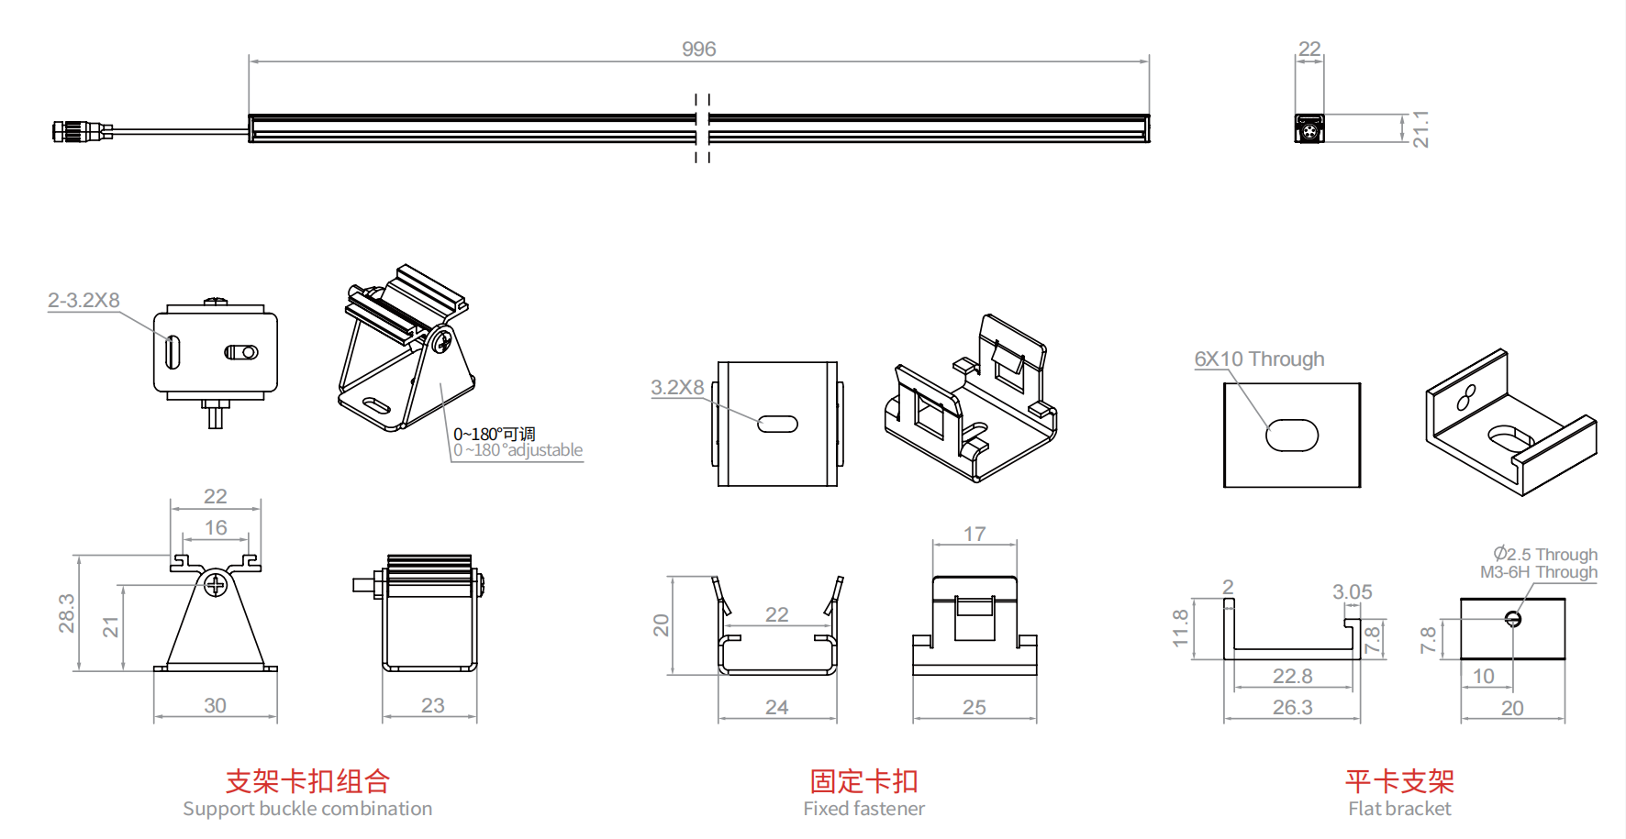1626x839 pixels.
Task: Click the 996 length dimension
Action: (x=698, y=50)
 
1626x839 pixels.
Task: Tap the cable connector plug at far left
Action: (x=70, y=131)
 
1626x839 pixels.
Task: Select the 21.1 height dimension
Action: (x=1420, y=128)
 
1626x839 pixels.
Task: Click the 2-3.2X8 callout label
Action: (x=84, y=301)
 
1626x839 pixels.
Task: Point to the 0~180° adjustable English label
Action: (x=518, y=450)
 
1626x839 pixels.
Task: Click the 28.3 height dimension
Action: (x=67, y=613)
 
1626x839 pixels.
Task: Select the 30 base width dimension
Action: (x=215, y=705)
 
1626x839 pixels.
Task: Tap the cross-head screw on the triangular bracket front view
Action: (x=216, y=583)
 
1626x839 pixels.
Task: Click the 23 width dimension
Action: (x=432, y=705)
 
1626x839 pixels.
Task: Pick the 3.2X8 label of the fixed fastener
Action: (x=677, y=388)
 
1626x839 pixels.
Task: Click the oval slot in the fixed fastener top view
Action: (x=777, y=424)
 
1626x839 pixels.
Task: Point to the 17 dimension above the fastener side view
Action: (x=974, y=534)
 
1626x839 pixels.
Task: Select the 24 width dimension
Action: (x=776, y=707)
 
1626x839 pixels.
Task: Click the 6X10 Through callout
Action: (x=1259, y=359)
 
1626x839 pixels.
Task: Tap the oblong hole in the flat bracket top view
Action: (x=1292, y=436)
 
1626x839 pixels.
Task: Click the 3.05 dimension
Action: (x=1352, y=592)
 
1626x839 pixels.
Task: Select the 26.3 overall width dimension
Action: (x=1292, y=707)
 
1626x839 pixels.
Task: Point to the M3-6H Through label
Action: (x=1538, y=572)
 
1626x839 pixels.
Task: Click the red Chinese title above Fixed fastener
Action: (x=863, y=781)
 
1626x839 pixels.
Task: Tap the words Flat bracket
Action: (x=1399, y=809)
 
